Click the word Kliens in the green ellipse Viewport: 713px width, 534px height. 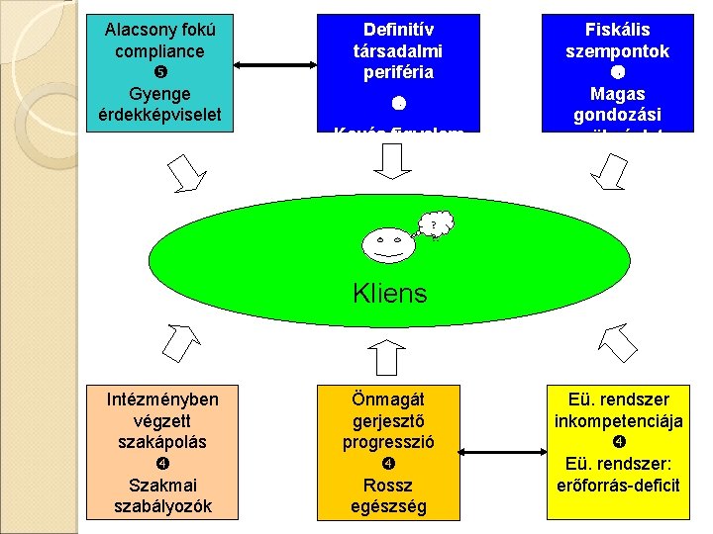coord(389,294)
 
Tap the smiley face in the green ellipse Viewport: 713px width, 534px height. coord(384,241)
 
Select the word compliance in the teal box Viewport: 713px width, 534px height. coord(159,50)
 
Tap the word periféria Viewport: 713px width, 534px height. coord(397,73)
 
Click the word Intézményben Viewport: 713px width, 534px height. coord(162,400)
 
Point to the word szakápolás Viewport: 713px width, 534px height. coord(162,442)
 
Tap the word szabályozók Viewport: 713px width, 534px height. coord(162,506)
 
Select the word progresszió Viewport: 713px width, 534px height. coord(388,442)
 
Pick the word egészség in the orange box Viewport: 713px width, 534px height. coord(388,506)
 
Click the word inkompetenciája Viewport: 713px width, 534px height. coord(619,421)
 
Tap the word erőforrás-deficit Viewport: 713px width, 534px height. coord(619,485)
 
